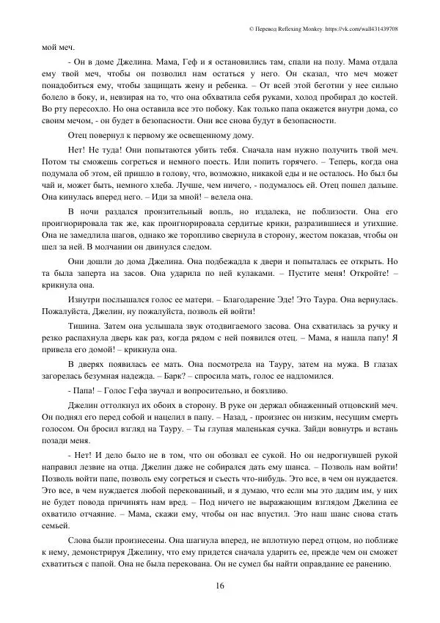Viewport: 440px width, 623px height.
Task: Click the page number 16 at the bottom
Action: pos(220,585)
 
